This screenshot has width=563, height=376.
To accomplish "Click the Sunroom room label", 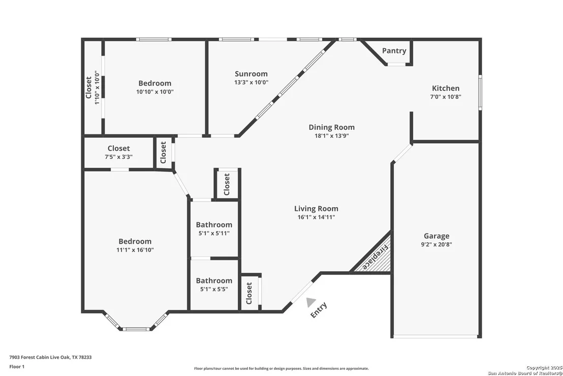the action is coord(251,74).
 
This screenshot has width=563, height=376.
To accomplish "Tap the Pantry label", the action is coord(394,51).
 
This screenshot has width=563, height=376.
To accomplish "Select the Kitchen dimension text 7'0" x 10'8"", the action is coord(446,97).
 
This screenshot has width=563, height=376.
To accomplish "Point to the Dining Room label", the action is coord(331,127).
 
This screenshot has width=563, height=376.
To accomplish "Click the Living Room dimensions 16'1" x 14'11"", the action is coord(316,217).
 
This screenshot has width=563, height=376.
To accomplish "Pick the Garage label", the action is coord(436,236).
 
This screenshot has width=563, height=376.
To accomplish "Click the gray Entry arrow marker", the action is coord(310,302).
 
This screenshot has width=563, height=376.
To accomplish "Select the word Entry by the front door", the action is coord(319,310).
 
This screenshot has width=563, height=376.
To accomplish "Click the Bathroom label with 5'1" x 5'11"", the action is coord(214,225).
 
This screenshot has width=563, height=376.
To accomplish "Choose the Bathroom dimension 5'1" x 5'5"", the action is coord(214,290).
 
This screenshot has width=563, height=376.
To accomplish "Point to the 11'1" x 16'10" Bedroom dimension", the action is coord(135,250).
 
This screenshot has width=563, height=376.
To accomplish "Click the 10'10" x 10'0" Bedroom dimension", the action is coord(155,92).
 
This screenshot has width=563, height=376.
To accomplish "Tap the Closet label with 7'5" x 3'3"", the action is coord(118,149).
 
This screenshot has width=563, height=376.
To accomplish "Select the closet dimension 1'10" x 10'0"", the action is coord(97,88).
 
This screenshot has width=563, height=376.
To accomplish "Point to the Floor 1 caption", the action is coord(17,367).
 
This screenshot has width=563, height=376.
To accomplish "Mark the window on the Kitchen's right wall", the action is coord(480,93).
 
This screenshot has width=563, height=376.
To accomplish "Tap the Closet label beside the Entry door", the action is coord(249,293).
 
